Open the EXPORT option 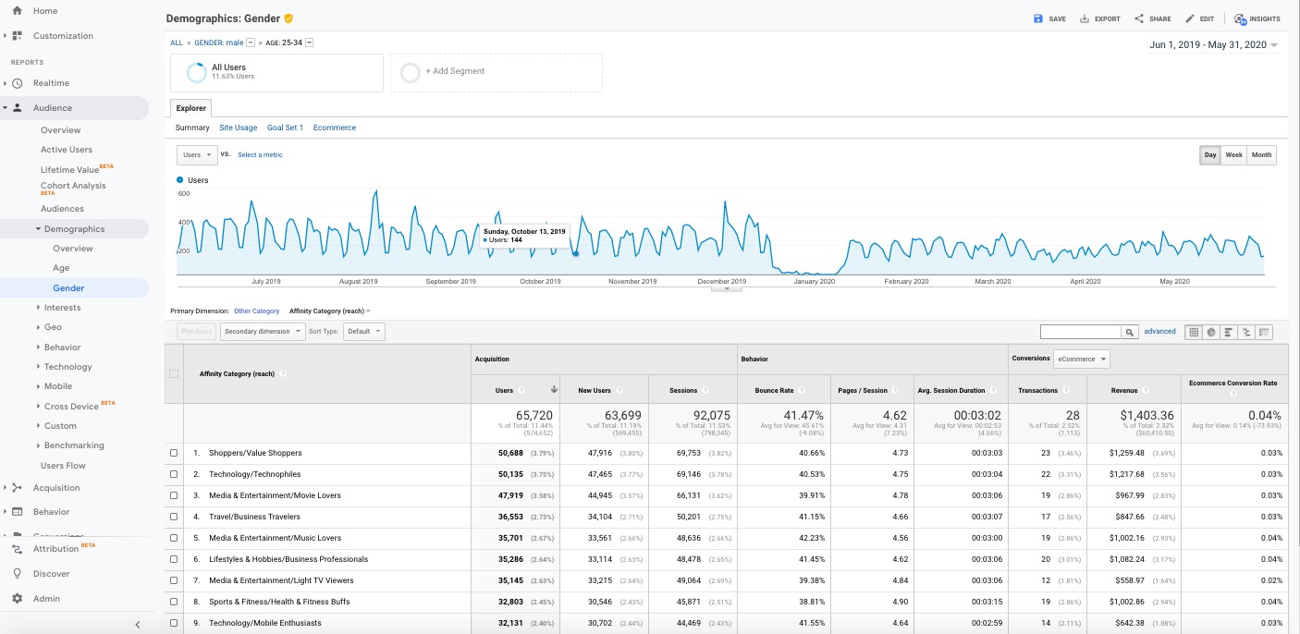click(1100, 18)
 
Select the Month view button click(1261, 155)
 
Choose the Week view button click(1233, 155)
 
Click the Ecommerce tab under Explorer click(335, 128)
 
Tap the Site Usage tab click(239, 128)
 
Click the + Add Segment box click(496, 71)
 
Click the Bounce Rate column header click(774, 390)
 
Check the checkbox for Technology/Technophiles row click(174, 474)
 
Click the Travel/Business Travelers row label click(254, 517)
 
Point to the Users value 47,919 click(503, 495)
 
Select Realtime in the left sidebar click(51, 83)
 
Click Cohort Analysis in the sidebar click(73, 186)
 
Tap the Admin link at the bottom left click(46, 598)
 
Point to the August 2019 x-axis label click(358, 281)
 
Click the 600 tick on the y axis click(183, 193)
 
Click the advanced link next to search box click(1159, 331)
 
